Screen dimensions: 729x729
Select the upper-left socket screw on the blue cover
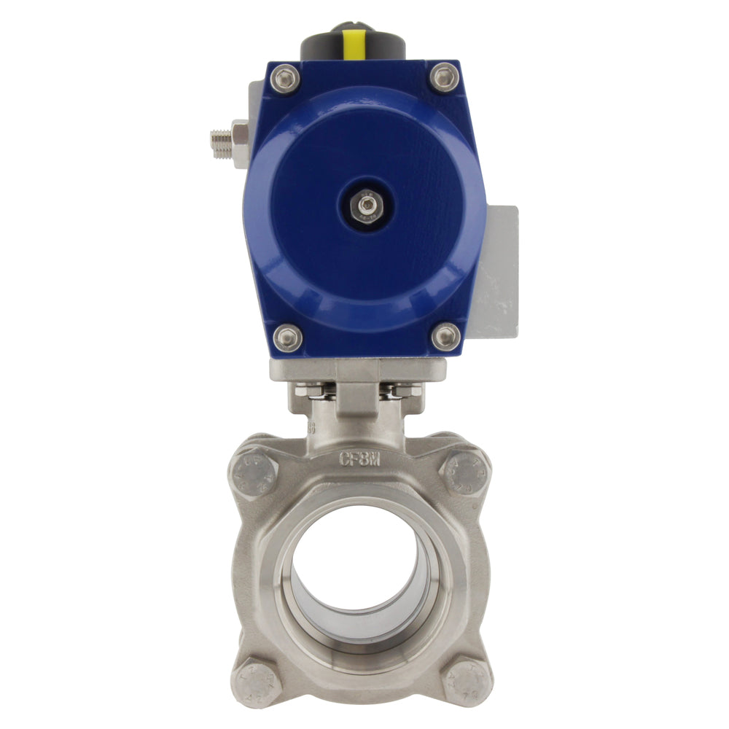click(x=284, y=78)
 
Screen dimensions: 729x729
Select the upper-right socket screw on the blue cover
click(x=444, y=77)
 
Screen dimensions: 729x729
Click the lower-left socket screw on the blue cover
click(x=287, y=337)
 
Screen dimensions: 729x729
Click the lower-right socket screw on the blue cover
click(x=445, y=336)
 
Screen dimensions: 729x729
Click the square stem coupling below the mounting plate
click(x=357, y=397)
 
